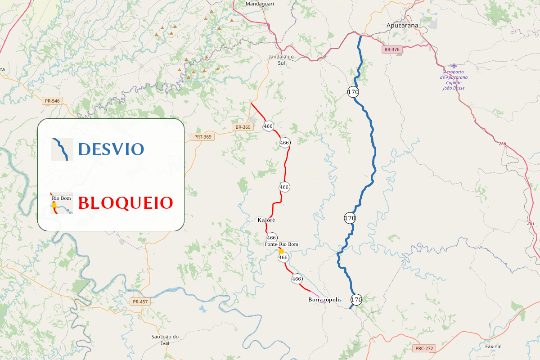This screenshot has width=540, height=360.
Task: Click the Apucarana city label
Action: [402, 26]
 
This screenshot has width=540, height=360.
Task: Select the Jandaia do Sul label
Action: [281, 59]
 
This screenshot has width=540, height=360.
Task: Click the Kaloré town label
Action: [266, 220]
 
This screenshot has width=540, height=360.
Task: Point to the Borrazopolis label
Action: [325, 300]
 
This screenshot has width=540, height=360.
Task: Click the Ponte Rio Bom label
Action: [281, 244]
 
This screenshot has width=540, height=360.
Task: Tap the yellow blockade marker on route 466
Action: [281, 251]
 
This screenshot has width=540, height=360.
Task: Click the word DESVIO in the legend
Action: [111, 149]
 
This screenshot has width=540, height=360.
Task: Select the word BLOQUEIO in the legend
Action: [126, 203]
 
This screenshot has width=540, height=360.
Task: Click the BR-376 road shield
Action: [392, 49]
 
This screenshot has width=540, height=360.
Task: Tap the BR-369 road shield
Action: [243, 127]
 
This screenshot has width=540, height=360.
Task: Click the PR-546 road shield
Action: [52, 101]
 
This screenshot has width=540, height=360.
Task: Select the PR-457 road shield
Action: [140, 301]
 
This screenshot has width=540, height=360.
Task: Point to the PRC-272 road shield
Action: [424, 348]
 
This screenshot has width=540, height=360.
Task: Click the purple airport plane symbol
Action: [454, 66]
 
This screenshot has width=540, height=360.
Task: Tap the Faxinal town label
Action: [493, 346]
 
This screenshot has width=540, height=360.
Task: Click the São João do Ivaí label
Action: [165, 340]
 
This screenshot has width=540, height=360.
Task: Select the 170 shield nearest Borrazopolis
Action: [356, 299]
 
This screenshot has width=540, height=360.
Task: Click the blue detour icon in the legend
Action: [62, 149]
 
